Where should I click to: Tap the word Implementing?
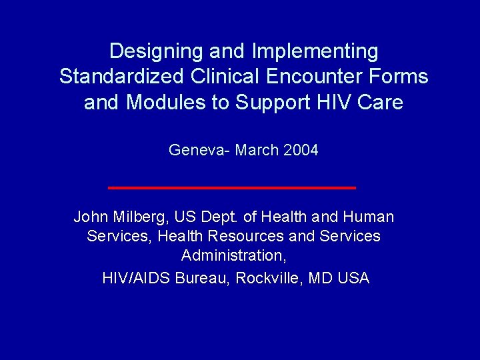(x=315, y=51)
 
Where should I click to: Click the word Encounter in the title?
(x=311, y=77)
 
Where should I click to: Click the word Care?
(x=379, y=103)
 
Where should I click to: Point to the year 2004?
(x=301, y=151)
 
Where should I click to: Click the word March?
(x=257, y=151)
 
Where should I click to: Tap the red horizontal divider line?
(x=231, y=188)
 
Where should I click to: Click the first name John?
(x=89, y=217)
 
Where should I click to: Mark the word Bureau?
(x=200, y=278)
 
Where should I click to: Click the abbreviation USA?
(x=353, y=278)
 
